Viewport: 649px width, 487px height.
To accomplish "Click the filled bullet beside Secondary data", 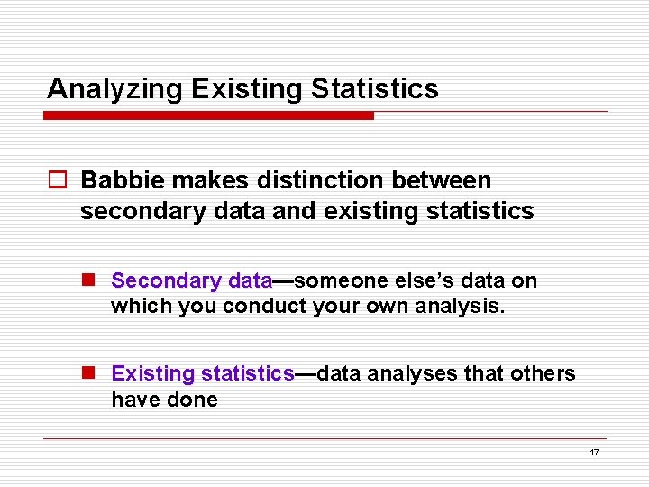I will pyautogui.click(x=90, y=281).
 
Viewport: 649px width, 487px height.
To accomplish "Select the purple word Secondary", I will pyautogui.click(x=166, y=281).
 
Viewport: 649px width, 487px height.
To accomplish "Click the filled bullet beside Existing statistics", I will pyautogui.click(x=90, y=373).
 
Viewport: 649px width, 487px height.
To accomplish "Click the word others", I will pyautogui.click(x=544, y=373).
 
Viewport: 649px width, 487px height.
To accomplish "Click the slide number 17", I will pyautogui.click(x=594, y=453).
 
